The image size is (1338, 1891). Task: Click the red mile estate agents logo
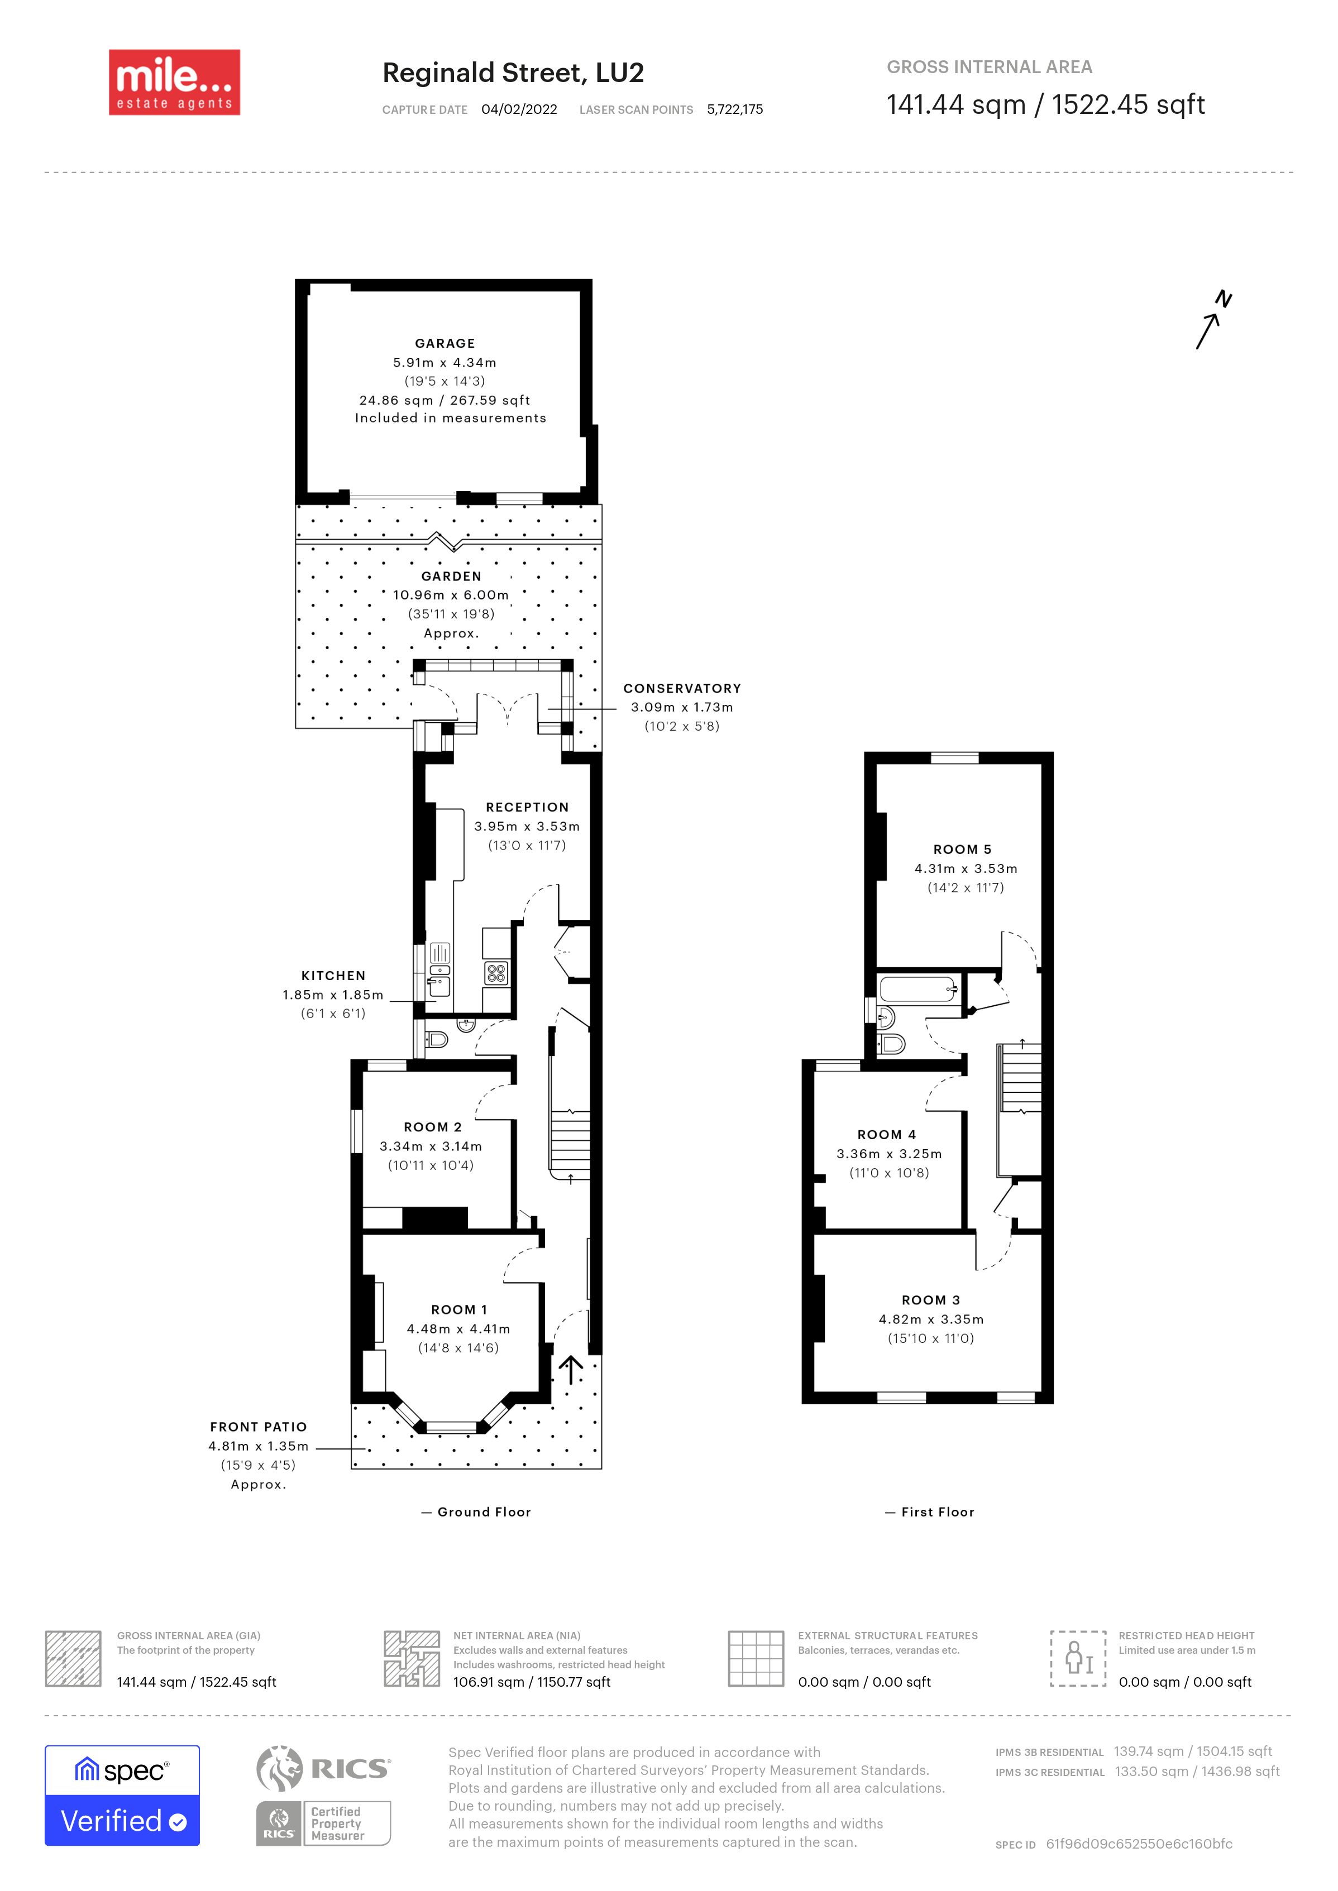175,83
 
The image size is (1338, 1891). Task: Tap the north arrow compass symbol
1213,320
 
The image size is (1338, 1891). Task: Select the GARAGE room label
445,343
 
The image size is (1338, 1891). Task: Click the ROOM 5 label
962,849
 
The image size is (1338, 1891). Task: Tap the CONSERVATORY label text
682,689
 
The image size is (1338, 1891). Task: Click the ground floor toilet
434,1039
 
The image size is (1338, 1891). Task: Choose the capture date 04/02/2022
519,109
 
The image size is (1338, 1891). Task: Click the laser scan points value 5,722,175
735,109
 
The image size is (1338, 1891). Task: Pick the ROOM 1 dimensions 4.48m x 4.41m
458,1328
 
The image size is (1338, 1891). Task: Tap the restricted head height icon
1078,1658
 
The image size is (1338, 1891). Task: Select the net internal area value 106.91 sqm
489,1682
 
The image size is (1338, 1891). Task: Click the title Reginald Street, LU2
513,73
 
